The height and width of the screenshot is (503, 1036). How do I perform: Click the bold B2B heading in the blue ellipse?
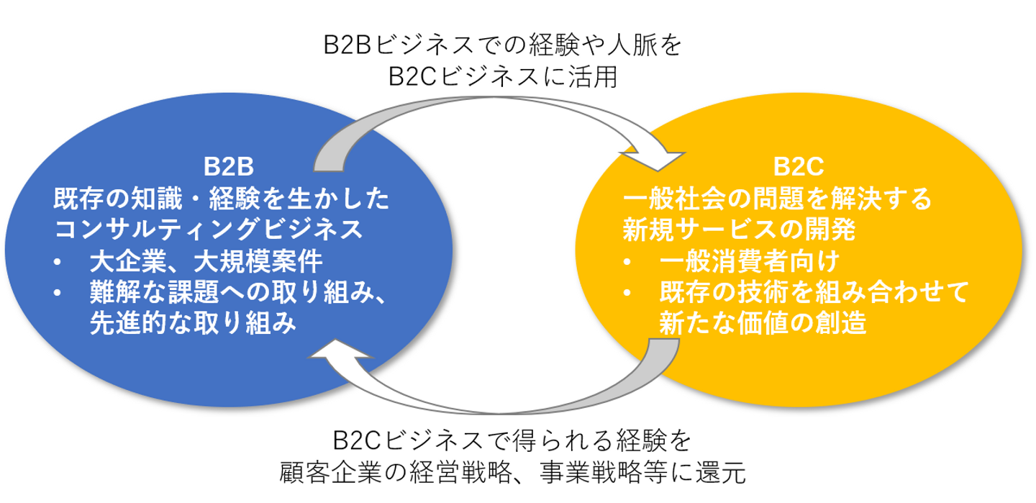point(228,167)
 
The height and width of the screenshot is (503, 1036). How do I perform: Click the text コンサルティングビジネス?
point(209,230)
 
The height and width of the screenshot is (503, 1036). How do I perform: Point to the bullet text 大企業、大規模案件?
point(206,261)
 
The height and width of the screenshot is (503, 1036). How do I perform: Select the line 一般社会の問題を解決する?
point(777,198)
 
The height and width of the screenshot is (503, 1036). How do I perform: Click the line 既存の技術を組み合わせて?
point(814,292)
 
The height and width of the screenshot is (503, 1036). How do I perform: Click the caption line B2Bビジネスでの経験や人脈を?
point(502,47)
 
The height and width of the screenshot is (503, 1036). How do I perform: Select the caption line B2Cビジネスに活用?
point(502,77)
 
